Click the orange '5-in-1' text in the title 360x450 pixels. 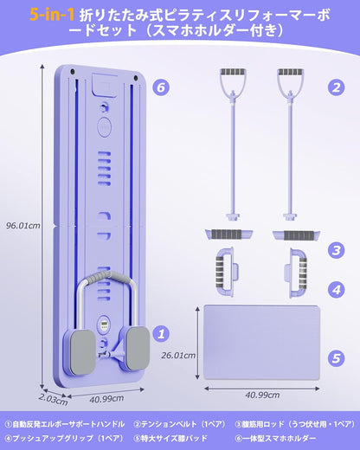click(52, 16)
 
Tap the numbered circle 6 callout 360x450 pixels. click(161, 87)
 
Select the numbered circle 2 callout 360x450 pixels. click(337, 87)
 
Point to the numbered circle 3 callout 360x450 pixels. click(337, 250)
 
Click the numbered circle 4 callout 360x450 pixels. click(337, 290)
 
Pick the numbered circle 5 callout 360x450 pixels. click(337, 358)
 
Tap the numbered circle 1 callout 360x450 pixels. click(161, 334)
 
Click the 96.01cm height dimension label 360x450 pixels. click(23, 225)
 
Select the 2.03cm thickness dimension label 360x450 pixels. click(53, 400)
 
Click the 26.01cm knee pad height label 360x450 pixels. click(178, 356)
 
